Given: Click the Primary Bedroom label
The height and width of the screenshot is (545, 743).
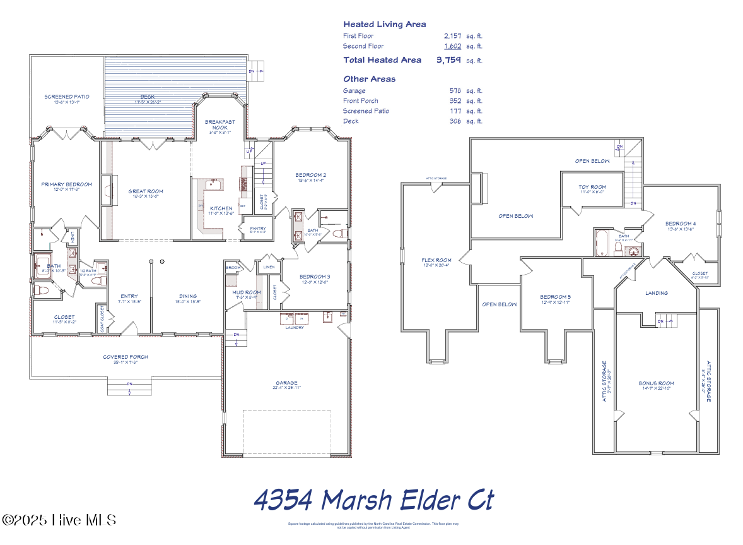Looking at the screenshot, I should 66,184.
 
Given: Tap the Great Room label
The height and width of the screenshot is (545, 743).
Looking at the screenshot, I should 146,191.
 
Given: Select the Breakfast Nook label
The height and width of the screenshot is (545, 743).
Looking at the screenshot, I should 220,124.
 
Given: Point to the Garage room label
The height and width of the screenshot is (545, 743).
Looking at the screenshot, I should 286,383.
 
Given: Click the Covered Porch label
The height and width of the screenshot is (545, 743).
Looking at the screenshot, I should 126,357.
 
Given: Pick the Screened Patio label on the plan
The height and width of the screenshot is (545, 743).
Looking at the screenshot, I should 66,97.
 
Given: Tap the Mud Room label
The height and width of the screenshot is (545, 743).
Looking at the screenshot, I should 246,292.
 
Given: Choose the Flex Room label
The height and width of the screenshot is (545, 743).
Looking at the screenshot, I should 436,260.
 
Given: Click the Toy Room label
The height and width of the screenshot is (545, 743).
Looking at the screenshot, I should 592,187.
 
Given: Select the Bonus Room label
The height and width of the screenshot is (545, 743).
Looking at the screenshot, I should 656,383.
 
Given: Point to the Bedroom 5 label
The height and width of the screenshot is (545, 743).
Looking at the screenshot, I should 555,297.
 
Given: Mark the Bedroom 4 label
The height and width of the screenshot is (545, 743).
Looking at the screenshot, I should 681,224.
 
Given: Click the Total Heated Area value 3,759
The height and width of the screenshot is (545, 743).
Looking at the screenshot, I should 448,61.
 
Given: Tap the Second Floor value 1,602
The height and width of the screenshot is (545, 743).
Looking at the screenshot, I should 452,46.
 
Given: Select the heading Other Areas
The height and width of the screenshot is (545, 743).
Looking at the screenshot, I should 370,79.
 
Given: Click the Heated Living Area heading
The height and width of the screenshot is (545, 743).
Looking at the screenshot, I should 384,24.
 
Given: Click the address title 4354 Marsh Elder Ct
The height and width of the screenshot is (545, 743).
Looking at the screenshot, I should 373,500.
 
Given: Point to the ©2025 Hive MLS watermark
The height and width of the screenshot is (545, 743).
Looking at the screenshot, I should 59,520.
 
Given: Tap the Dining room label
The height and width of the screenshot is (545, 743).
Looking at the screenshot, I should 187,296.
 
